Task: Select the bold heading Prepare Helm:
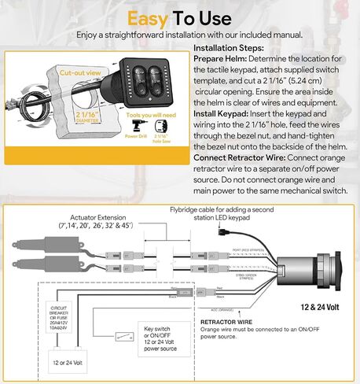pos(223,58)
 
